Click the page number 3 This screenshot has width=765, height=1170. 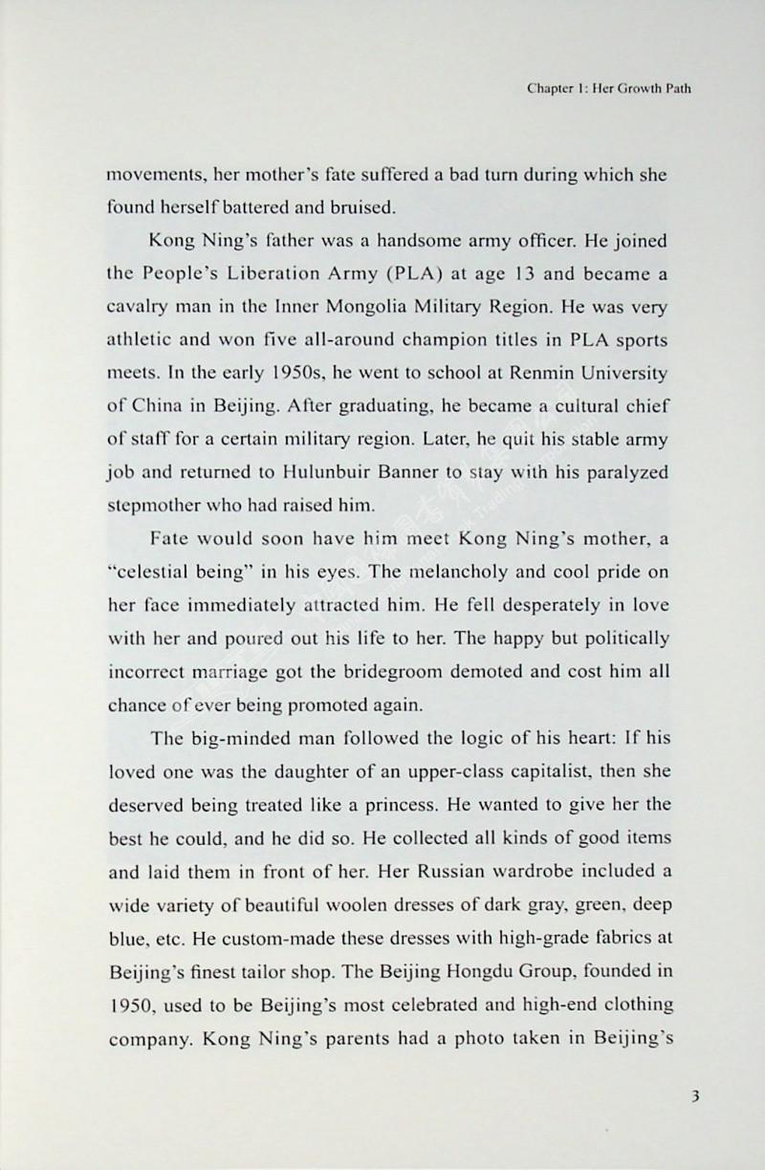pos(697,1096)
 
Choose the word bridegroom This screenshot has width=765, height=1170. pos(437,672)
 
